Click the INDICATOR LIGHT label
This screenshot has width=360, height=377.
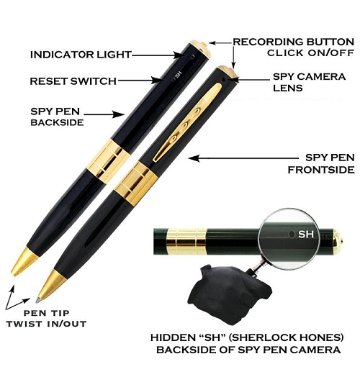pyautogui.click(x=81, y=55)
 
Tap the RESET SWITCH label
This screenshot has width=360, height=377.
pyautogui.click(x=73, y=81)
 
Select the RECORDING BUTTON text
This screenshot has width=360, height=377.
pyautogui.click(x=294, y=42)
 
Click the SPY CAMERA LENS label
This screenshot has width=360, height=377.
pyautogui.click(x=309, y=82)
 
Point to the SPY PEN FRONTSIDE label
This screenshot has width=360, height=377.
pyautogui.click(x=321, y=164)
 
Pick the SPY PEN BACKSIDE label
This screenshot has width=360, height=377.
pyautogui.click(x=57, y=117)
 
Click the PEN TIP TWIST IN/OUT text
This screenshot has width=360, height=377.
pyautogui.click(x=46, y=319)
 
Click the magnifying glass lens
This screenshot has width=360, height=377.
pyautogui.click(x=289, y=240)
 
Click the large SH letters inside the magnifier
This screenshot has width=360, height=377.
pyautogui.click(x=306, y=234)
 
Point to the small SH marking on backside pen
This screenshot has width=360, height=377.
pyautogui.click(x=178, y=77)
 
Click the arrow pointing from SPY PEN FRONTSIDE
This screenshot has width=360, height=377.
pyautogui.click(x=243, y=158)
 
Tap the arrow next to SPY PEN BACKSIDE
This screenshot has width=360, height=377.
pyautogui.click(x=104, y=114)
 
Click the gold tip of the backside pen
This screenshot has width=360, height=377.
pyautogui.click(x=24, y=262)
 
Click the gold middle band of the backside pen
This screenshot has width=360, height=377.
pyautogui.click(x=108, y=161)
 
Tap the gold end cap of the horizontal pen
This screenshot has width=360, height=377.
pyautogui.click(x=338, y=241)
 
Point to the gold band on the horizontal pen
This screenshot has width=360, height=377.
pyautogui.click(x=186, y=242)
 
